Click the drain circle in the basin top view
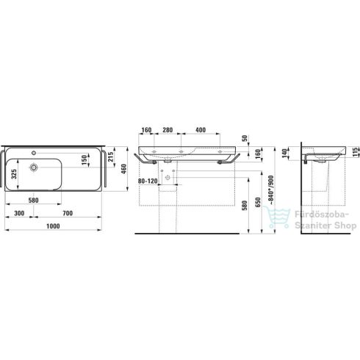tap(33, 168)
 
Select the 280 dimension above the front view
tap(168, 131)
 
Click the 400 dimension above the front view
tap(201, 131)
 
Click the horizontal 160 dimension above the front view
tap(146, 131)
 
